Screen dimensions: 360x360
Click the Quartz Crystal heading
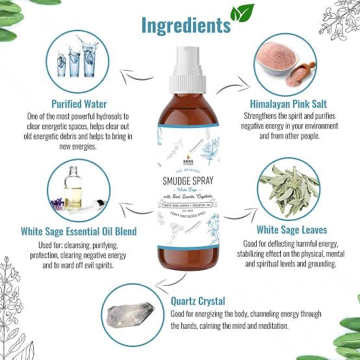pos(199,301)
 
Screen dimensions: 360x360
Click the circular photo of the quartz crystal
pos(130,316)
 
